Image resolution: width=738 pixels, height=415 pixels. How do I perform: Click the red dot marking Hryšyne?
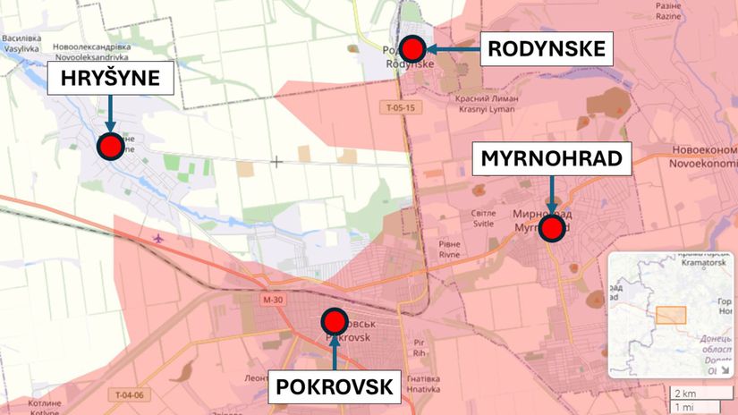(111, 147)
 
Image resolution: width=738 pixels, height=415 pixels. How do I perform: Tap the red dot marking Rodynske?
(412, 48)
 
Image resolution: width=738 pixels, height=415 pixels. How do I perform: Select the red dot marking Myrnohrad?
(551, 230)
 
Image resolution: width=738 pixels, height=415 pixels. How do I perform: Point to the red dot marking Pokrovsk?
(334, 321)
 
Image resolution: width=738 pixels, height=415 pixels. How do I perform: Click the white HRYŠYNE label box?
(110, 80)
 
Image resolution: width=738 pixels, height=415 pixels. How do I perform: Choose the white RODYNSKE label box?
(547, 48)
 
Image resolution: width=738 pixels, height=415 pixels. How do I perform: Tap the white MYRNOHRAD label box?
(552, 159)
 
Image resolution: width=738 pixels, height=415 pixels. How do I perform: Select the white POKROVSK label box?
(335, 386)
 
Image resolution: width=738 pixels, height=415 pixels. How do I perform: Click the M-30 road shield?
(273, 300)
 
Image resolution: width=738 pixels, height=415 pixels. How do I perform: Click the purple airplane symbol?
(159, 239)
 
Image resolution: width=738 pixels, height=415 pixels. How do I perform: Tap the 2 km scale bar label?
(684, 394)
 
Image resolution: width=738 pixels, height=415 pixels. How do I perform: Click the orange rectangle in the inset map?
(671, 315)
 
